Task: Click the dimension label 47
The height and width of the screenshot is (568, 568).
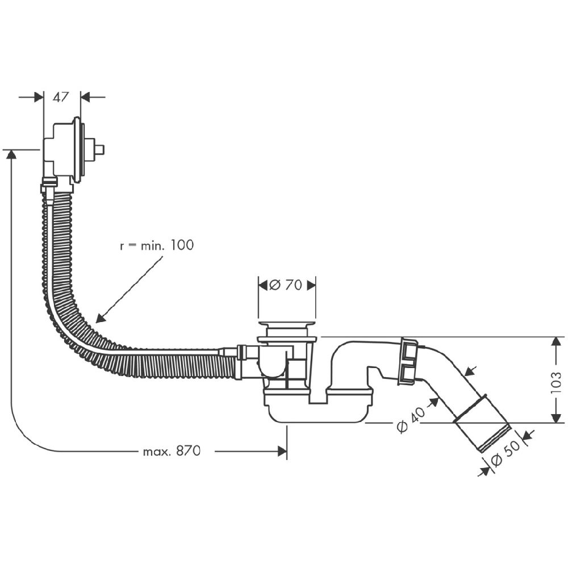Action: (x=61, y=97)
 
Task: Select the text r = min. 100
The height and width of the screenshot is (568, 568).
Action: (x=156, y=245)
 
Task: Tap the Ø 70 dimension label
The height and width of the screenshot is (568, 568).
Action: (x=287, y=285)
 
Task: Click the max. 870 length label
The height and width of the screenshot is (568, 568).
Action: (x=172, y=452)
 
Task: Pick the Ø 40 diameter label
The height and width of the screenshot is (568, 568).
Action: (x=411, y=421)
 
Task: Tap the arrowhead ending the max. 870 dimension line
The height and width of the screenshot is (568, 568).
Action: (x=282, y=452)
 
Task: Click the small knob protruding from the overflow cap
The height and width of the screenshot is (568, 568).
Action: (x=99, y=150)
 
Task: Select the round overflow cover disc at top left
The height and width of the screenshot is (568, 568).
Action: (x=76, y=150)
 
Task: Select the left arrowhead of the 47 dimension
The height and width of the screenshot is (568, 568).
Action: (x=39, y=97)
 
